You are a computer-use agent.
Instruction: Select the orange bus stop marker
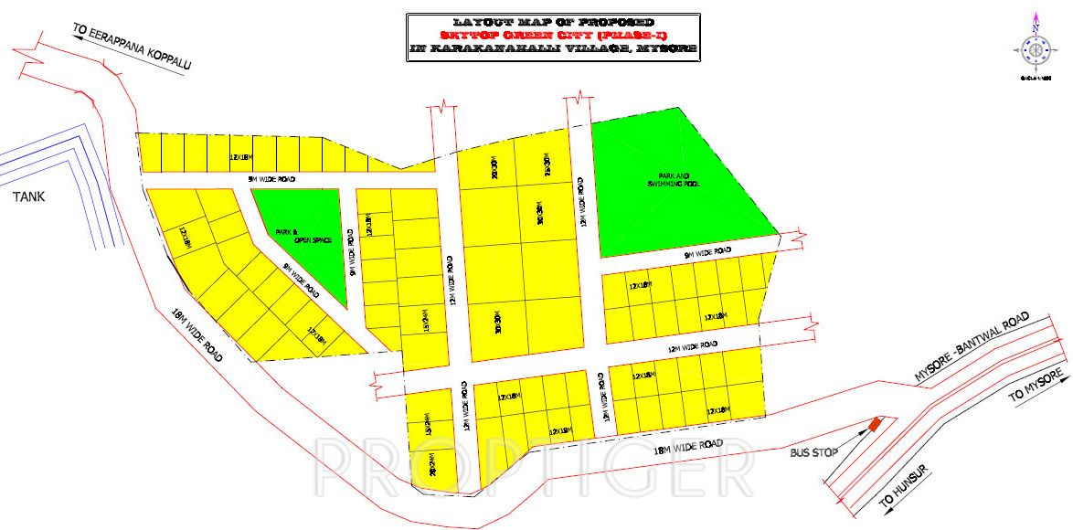point(875,424)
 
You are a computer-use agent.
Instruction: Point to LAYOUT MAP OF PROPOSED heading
point(553,21)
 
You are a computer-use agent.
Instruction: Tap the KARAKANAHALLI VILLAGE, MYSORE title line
point(553,48)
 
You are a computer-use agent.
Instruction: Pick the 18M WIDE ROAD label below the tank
point(197,336)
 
